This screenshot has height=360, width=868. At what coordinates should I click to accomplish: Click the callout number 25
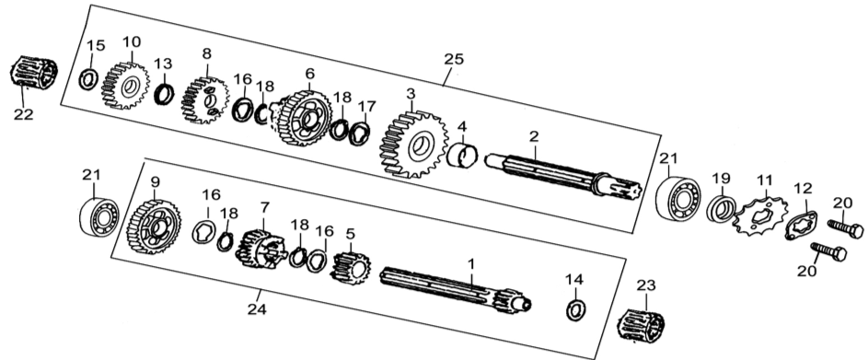tap(454, 59)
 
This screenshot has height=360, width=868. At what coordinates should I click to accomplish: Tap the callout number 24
tap(257, 309)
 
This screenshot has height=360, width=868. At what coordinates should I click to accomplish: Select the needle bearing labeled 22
tap(34, 73)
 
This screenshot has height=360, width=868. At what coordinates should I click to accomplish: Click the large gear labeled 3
tap(413, 145)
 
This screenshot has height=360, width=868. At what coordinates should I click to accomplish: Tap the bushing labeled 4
tap(462, 155)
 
